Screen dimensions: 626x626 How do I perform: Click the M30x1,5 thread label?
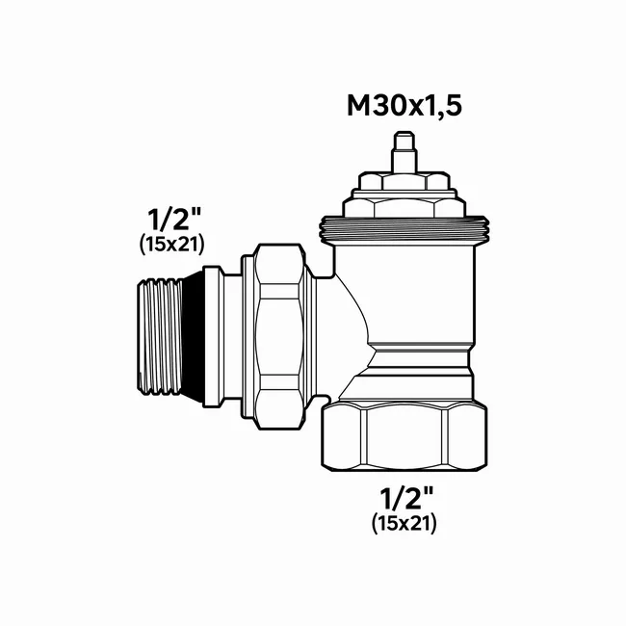[404, 106]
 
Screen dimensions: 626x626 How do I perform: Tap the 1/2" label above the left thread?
[174, 220]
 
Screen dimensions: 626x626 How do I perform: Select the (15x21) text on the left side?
[172, 244]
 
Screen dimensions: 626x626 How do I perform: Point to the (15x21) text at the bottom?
[404, 523]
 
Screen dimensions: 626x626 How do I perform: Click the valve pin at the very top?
[404, 152]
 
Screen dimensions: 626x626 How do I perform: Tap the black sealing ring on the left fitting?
[192, 336]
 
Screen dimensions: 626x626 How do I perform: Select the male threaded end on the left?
[160, 337]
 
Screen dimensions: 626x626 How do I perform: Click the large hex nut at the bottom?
[404, 437]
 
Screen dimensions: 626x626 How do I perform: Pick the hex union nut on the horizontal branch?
[278, 336]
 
